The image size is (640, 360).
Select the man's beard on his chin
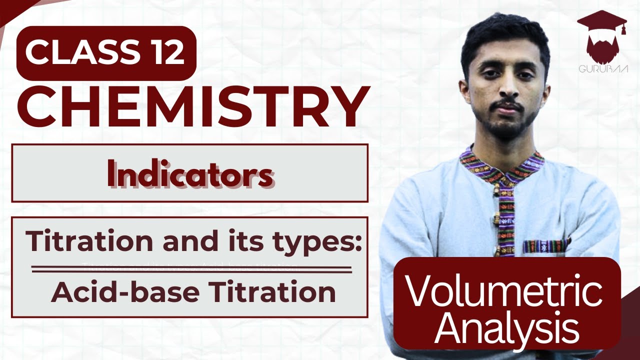[505, 127]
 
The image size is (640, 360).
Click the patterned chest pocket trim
[545, 246]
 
